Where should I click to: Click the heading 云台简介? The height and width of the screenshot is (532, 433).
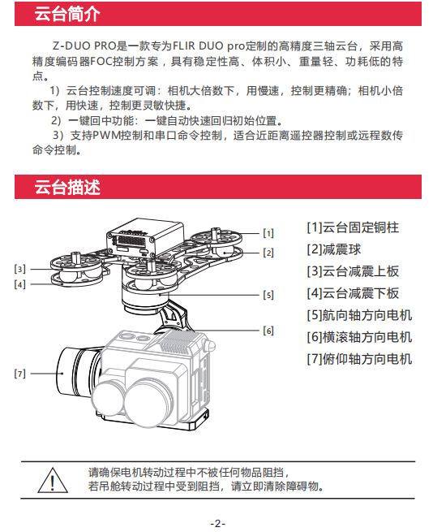coord(67,14)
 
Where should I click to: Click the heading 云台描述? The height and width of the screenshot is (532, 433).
coord(67,187)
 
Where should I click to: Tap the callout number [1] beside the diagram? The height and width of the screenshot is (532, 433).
coord(268,233)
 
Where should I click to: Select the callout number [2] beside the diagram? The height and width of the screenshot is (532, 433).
coord(268,253)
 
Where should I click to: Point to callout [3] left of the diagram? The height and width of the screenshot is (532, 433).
coord(19,269)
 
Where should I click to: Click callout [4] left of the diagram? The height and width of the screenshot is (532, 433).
coord(19,284)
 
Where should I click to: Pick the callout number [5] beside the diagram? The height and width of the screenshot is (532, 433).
coord(268,295)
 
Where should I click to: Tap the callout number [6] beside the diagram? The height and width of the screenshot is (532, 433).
coord(268,331)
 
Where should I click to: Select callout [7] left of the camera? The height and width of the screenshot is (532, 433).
coord(19,374)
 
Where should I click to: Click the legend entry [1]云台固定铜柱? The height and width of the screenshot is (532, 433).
coord(353,227)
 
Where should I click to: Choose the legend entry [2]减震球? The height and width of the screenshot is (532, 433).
coord(334,249)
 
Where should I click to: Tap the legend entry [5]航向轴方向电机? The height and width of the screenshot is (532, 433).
coord(359,315)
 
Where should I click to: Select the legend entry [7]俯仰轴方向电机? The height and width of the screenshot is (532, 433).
coord(359,359)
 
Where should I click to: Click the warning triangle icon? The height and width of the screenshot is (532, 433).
coord(53,480)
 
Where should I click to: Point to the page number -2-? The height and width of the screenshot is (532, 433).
coord(218,524)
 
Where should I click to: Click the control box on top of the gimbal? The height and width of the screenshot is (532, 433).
coord(145,237)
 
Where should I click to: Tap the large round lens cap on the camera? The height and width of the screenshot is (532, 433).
coord(149,402)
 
